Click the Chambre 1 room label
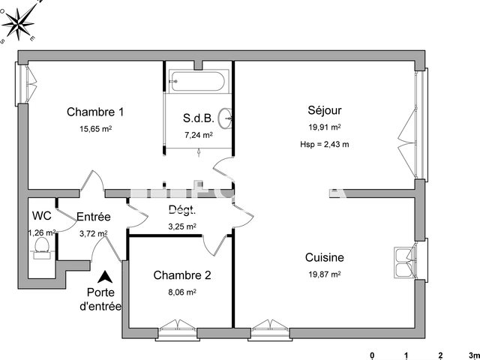coord(95,112)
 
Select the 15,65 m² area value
coord(95,129)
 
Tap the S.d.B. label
coord(198,118)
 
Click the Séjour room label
coord(324,110)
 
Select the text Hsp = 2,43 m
coord(324,143)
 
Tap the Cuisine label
coord(324,257)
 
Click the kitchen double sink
coord(406,260)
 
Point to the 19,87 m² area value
coord(324,274)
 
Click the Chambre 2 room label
coord(182,275)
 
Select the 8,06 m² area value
coord(182,292)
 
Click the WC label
coord(42,216)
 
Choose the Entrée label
coord(94,217)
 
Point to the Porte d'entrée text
coord(103,299)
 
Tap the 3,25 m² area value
coord(181,226)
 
